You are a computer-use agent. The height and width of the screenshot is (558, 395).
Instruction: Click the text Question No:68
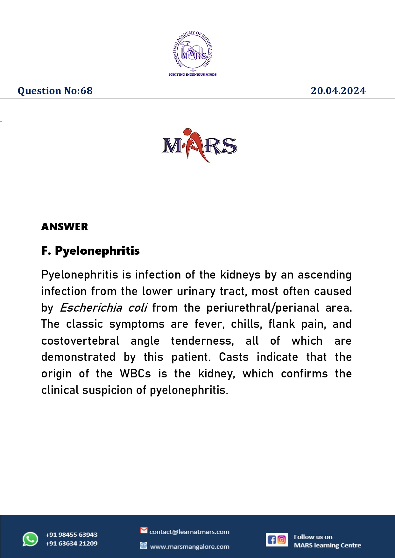55,91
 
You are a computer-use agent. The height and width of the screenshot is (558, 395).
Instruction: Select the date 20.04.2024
338,91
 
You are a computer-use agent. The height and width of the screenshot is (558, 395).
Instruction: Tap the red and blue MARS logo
199,146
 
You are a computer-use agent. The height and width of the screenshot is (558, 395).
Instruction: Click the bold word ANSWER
65,227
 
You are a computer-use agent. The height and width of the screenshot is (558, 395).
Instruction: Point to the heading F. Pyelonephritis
90,251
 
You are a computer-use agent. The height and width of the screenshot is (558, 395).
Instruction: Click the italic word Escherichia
91,308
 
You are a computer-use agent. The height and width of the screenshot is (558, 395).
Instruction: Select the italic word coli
138,308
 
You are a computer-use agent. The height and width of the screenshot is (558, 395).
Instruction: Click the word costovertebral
80,341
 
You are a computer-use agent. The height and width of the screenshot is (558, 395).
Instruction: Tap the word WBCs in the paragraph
135,374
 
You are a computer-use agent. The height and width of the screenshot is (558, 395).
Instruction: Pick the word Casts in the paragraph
234,357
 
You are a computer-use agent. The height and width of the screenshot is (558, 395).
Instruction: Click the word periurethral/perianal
263,308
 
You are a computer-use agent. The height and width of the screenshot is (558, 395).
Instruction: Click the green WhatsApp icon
30,539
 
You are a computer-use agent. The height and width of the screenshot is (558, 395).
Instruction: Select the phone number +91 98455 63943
72,535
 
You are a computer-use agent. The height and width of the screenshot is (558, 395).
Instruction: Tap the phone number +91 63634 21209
72,543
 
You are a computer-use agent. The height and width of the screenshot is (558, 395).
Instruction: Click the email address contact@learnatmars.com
189,532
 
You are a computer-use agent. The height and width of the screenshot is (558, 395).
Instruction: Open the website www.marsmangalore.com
190,547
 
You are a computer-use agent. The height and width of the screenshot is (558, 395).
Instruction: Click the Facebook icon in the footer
272,540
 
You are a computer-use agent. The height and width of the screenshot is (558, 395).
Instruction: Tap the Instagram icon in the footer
282,540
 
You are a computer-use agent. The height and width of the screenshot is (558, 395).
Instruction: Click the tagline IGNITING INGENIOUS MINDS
193,75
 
